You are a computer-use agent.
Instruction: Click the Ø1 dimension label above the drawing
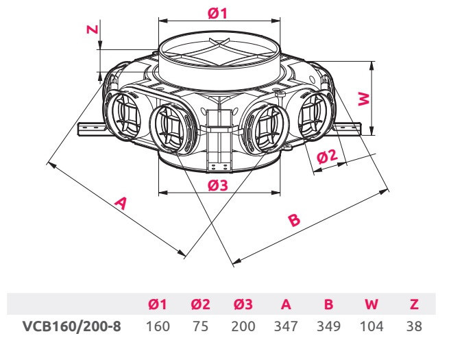218,13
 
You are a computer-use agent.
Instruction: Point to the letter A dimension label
121,203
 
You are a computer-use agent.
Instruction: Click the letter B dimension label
293,220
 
